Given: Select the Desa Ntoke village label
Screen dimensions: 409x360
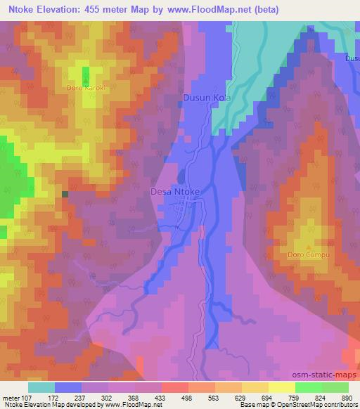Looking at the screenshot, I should pyautogui.click(x=176, y=190).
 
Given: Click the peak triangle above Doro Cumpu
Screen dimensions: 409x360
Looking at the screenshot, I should pyautogui.click(x=308, y=245).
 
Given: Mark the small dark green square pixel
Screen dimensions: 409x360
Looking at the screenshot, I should pyautogui.click(x=65, y=193).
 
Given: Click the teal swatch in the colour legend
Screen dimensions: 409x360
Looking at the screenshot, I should pyautogui.click(x=41, y=387).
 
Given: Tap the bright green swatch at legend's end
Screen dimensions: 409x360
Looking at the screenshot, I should pyautogui.click(x=335, y=387).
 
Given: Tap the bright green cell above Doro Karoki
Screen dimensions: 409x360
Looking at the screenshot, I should pyautogui.click(x=86, y=75).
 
